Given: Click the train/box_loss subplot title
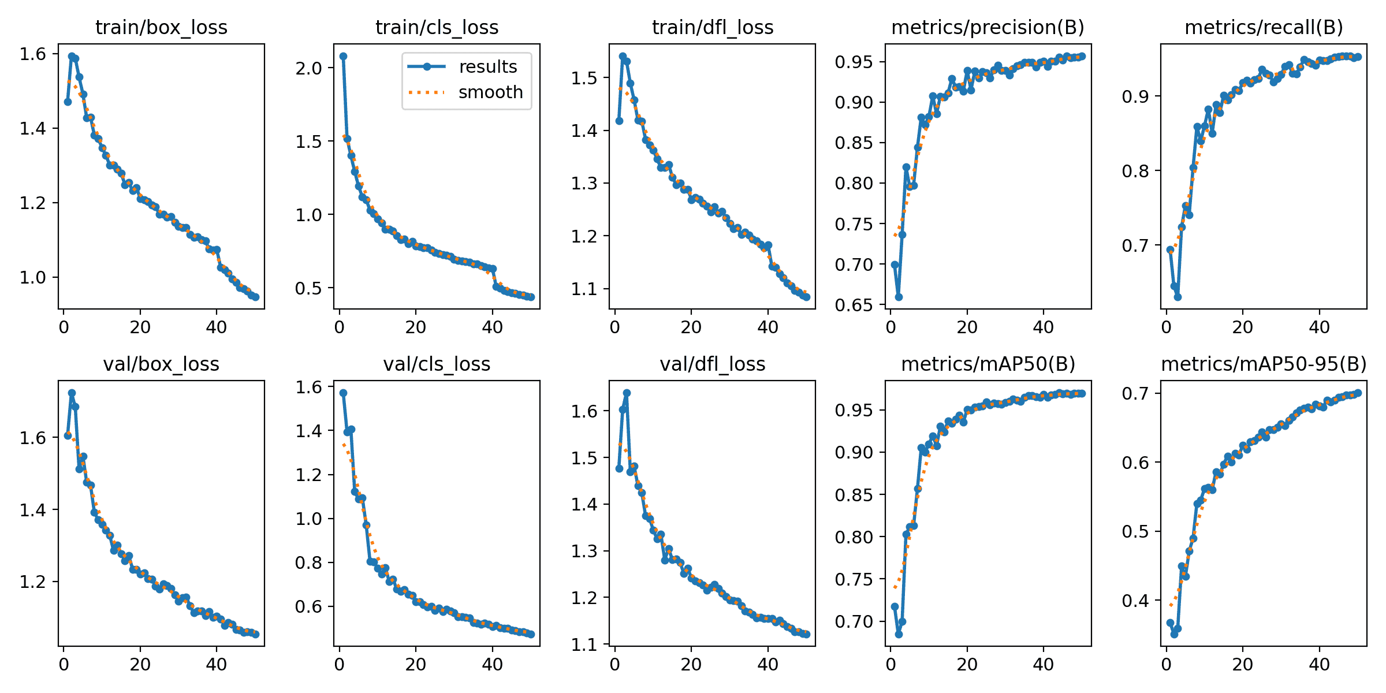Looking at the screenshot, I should pyautogui.click(x=161, y=27).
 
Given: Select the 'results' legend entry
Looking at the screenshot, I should pyautogui.click(x=487, y=67).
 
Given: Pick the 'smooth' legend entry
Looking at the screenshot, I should pyautogui.click(x=490, y=92).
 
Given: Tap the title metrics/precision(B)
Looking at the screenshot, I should pyautogui.click(x=988, y=27).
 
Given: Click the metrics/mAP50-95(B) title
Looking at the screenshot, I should pyautogui.click(x=1264, y=364).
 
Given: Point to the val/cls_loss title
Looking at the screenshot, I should pyautogui.click(x=437, y=364).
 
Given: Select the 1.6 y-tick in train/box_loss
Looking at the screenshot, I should pyautogui.click(x=32, y=54).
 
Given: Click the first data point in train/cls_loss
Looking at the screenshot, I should pyautogui.click(x=343, y=56).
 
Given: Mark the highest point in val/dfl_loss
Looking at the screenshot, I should pyautogui.click(x=627, y=393).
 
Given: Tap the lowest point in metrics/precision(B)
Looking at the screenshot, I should pyautogui.click(x=899, y=297).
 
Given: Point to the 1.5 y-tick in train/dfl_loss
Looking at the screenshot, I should pyautogui.click(x=584, y=77).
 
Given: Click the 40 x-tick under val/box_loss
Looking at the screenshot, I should pyautogui.click(x=217, y=664).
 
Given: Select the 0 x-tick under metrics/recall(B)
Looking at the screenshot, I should pyautogui.click(x=1166, y=327).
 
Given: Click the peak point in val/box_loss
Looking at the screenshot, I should pyautogui.click(x=72, y=393).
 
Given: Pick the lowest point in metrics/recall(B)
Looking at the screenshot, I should pyautogui.click(x=1178, y=297).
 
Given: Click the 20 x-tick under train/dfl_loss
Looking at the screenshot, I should pyautogui.click(x=691, y=327).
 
